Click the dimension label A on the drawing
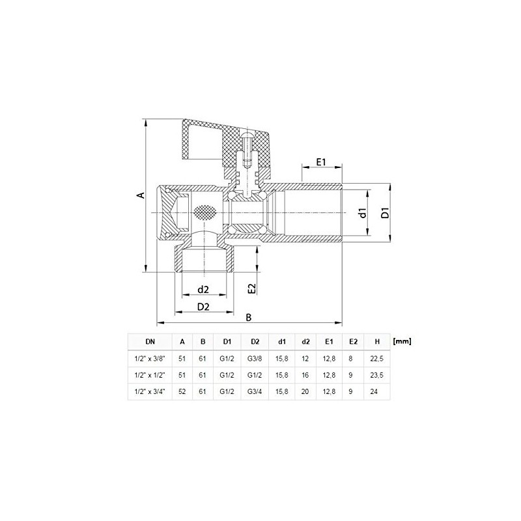click(x=141, y=195)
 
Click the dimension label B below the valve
click(x=249, y=318)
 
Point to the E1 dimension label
click(x=321, y=162)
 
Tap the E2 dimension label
click(x=253, y=289)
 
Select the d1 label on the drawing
click(x=363, y=213)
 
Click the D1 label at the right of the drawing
click(x=385, y=213)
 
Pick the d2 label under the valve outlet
click(x=203, y=290)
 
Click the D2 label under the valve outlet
click(x=203, y=307)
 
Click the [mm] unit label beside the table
click(x=402, y=341)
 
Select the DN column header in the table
click(x=150, y=341)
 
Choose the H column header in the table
click(x=377, y=341)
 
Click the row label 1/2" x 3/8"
click(x=150, y=359)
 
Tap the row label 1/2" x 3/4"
click(x=150, y=391)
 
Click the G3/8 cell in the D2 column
click(x=255, y=359)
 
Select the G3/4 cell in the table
click(x=255, y=391)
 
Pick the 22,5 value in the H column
click(x=377, y=359)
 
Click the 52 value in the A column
click(x=182, y=391)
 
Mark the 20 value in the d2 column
click(x=305, y=391)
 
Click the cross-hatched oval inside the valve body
click(x=204, y=213)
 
